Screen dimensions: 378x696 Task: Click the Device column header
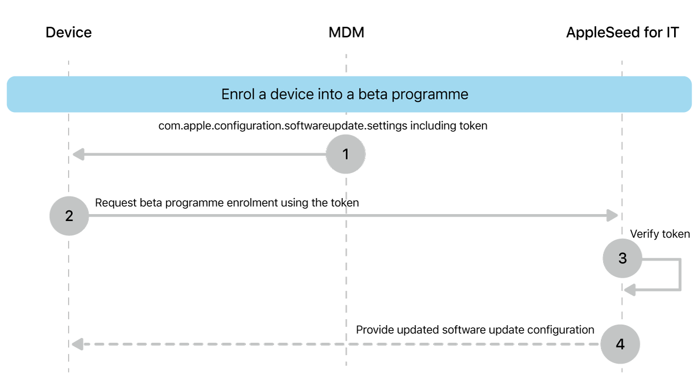pos(68,33)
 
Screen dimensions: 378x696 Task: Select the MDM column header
pos(346,33)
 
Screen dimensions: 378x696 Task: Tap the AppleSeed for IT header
pos(622,33)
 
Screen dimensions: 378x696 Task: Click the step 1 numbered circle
pos(346,154)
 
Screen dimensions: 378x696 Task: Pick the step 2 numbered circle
pos(69,216)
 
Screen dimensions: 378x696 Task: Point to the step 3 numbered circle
pos(622,258)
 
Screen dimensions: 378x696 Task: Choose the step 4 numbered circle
pos(620,344)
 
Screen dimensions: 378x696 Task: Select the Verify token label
pos(660,234)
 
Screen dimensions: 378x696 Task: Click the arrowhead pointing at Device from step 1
pos(79,155)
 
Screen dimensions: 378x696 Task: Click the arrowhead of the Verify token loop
pos(630,290)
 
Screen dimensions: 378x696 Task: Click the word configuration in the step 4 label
pos(560,330)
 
